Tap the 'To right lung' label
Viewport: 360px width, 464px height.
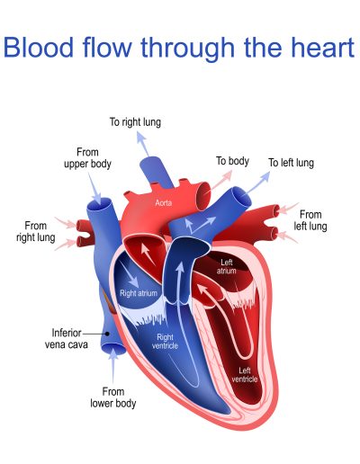pyautogui.click(x=135, y=122)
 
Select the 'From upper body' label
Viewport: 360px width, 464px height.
pyautogui.click(x=87, y=158)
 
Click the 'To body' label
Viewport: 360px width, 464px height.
pyautogui.click(x=232, y=161)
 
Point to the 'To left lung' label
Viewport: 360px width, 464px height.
pyautogui.click(x=291, y=163)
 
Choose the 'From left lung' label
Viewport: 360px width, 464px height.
pyautogui.click(x=310, y=220)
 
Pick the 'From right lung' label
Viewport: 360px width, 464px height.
pyautogui.click(x=36, y=231)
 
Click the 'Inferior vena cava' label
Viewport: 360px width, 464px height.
pyautogui.click(x=67, y=339)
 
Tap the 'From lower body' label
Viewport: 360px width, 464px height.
pyautogui.click(x=113, y=397)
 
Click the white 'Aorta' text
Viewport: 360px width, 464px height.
pyautogui.click(x=164, y=203)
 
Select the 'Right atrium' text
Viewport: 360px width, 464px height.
pyautogui.click(x=139, y=293)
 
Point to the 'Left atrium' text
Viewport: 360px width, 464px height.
pyautogui.click(x=227, y=267)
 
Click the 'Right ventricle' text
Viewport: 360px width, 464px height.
pyautogui.click(x=165, y=342)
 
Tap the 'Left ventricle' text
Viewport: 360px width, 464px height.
pyautogui.click(x=245, y=375)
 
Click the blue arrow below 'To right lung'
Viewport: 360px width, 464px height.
pyautogui.click(x=143, y=144)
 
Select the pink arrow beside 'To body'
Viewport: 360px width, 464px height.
pyautogui.click(x=221, y=180)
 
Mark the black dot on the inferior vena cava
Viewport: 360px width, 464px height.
pyautogui.click(x=107, y=334)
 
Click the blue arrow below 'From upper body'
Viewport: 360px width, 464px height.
pyautogui.click(x=94, y=189)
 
